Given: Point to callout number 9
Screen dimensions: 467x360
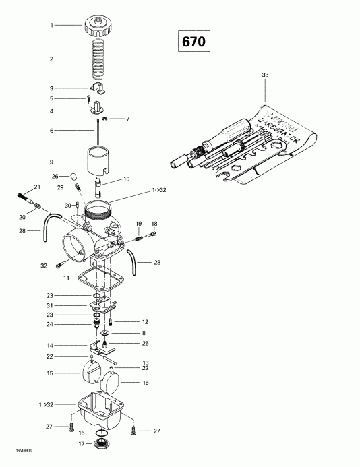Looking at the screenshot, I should [x=51, y=162].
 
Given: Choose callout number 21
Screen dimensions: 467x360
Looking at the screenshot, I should [x=38, y=187].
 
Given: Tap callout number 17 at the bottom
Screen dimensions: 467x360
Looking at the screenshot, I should [x=81, y=443].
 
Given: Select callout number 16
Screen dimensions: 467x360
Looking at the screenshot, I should [x=81, y=433].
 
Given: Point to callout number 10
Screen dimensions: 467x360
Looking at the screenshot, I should [x=125, y=179].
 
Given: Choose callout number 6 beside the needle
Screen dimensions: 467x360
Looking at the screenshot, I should [x=51, y=130].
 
